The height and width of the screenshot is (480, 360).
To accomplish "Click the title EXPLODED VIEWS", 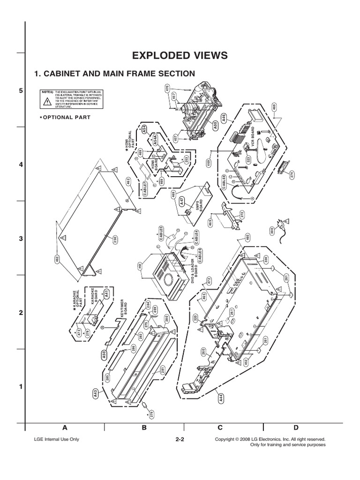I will coord(180,55).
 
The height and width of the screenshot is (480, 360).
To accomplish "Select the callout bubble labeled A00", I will coord(215,125).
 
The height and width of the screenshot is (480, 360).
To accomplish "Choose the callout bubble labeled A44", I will coord(220,399).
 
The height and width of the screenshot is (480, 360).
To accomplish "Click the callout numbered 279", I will coord(151,413).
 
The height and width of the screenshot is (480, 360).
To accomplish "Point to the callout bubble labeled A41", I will coord(106,294).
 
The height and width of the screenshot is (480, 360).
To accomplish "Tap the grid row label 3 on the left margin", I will coord(21,239).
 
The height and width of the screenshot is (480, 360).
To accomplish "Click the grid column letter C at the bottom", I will coord(224,427).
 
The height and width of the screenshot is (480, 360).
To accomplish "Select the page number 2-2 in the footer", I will coord(180,440).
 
